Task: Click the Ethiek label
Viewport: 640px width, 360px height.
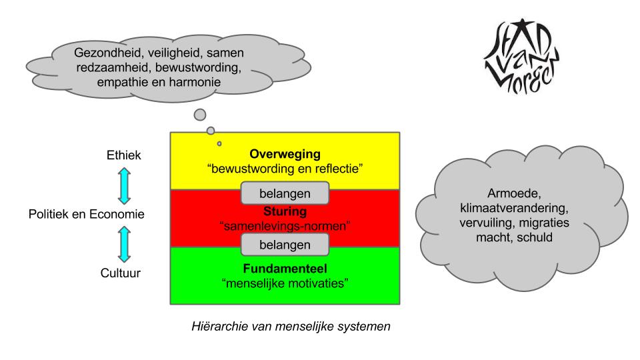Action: click(x=123, y=155)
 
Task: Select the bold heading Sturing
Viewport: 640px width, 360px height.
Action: click(x=285, y=212)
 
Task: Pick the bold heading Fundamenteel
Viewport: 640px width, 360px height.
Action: click(x=285, y=270)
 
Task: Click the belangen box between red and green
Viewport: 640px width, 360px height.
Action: click(x=285, y=245)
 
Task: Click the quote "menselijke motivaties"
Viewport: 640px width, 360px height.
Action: click(x=285, y=283)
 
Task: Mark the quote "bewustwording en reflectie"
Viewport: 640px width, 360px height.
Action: click(x=285, y=169)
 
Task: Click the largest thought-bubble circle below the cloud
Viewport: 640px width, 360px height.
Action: click(x=199, y=115)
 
